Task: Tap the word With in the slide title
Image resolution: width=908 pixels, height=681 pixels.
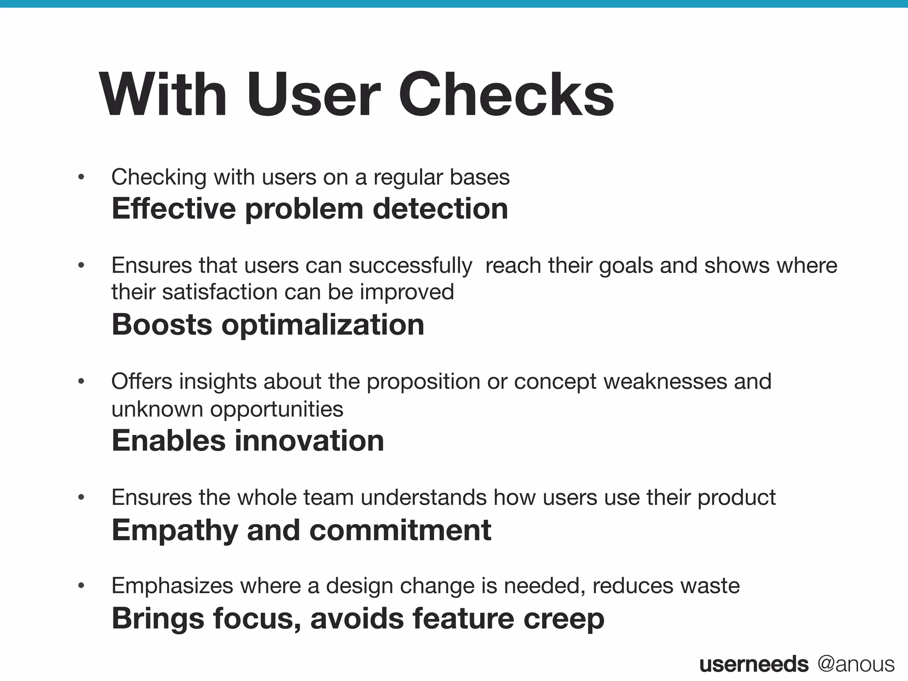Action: coord(163,95)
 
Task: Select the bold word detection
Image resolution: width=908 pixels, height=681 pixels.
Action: coord(440,208)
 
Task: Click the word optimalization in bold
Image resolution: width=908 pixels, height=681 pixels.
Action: coord(323,325)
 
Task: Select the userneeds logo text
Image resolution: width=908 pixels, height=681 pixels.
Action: coord(754,664)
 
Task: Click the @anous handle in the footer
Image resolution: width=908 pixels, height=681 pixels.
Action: coord(856,664)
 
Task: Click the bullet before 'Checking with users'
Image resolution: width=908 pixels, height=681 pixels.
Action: coord(81,177)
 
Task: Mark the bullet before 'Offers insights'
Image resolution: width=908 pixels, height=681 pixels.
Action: coord(81,382)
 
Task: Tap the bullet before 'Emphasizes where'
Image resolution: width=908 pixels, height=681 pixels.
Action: coord(81,586)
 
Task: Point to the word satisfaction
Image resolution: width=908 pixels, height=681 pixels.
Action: coord(220,292)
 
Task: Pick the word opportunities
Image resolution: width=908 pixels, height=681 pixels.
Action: coord(276,409)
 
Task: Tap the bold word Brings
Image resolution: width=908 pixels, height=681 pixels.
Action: coord(157,618)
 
